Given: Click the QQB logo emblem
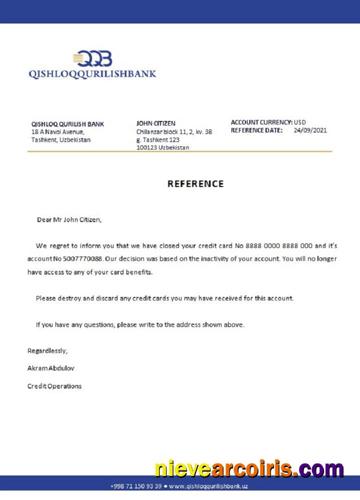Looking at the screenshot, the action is [x=92, y=59].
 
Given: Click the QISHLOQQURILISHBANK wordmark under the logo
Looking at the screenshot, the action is [x=92, y=74].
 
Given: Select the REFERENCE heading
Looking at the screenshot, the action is [x=195, y=184].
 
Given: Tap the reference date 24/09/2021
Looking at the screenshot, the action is [x=310, y=130].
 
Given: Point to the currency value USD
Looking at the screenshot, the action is [x=300, y=122].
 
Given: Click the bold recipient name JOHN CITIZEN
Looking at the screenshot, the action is [x=156, y=123].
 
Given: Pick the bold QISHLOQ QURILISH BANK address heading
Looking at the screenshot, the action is [x=67, y=124].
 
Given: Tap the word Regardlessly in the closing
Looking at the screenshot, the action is [x=47, y=351].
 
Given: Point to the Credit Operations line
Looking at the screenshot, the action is [x=54, y=386].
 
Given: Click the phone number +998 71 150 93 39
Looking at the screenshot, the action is [x=135, y=486].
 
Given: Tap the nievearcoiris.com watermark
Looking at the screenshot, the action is [x=249, y=469].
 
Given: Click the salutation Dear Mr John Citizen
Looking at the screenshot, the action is [x=69, y=219].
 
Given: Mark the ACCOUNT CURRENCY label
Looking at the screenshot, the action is [x=261, y=122].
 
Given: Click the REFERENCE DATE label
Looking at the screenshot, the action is [x=256, y=130].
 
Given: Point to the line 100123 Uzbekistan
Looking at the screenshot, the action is [x=162, y=148].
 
